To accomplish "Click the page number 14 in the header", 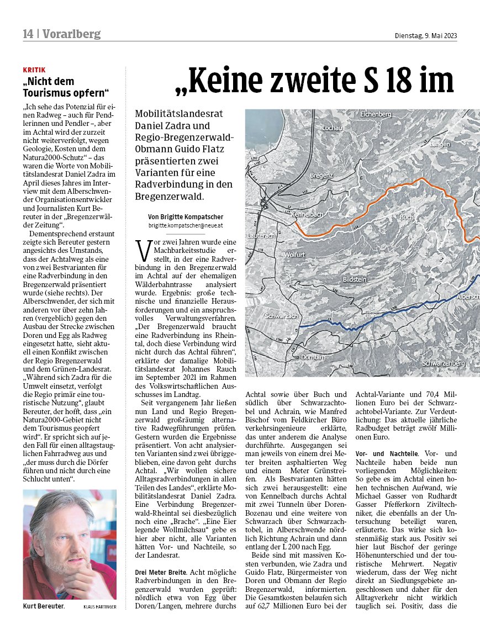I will pyautogui.click(x=28, y=34).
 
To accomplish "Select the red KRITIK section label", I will pyautogui.click(x=34, y=70).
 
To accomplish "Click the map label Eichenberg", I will pyautogui.click(x=376, y=114).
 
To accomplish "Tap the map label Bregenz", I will pyautogui.click(x=322, y=175).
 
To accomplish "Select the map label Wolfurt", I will pyautogui.click(x=294, y=255).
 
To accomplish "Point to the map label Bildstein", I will pyautogui.click(x=355, y=280).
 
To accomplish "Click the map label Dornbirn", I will pyautogui.click(x=313, y=357).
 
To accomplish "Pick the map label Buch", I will pyautogui.click(x=406, y=218).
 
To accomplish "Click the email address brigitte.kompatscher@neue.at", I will pyautogui.click(x=185, y=226).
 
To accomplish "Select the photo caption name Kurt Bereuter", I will pyautogui.click(x=44, y=606).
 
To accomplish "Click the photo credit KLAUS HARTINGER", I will pyautogui.click(x=100, y=607).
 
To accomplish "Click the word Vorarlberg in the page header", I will pyautogui.click(x=72, y=34).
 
